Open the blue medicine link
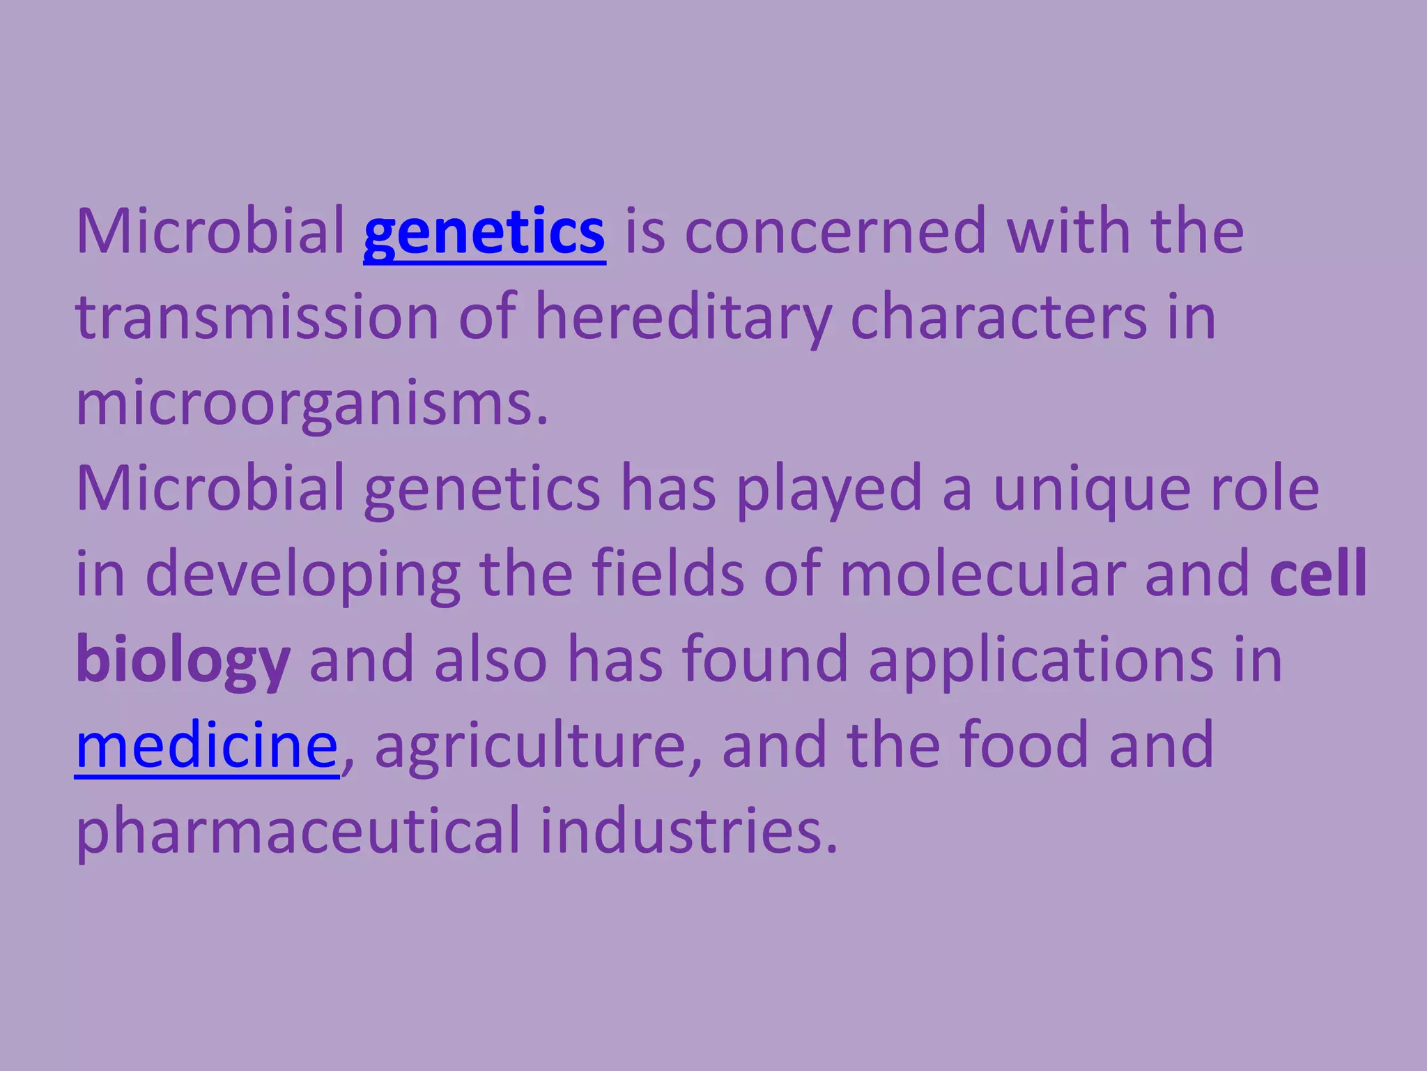tap(207, 746)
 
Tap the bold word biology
tap(183, 660)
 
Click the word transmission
tap(257, 317)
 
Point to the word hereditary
tap(683, 317)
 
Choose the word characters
tap(998, 317)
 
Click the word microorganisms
tap(311, 403)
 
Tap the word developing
tap(303, 575)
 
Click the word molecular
tap(982, 573)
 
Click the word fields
tap(668, 573)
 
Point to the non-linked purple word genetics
tap(482, 489)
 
